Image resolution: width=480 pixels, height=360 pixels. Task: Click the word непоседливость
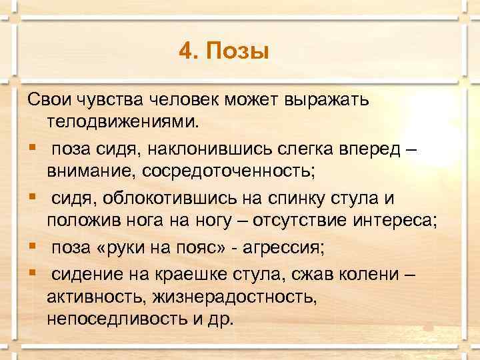pos(118,318)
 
